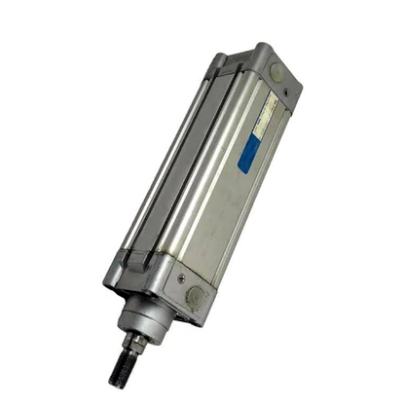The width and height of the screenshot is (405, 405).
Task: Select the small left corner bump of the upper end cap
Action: [217, 61]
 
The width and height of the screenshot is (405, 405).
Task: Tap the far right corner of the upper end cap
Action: [299, 86]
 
